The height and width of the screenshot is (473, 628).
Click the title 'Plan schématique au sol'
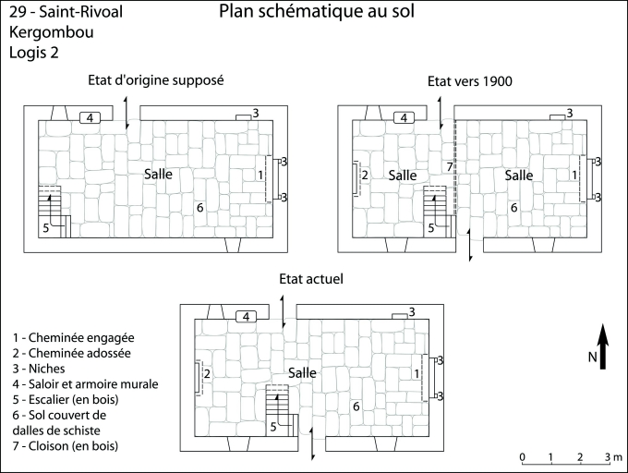click(x=317, y=12)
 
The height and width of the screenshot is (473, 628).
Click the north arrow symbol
click(x=602, y=347)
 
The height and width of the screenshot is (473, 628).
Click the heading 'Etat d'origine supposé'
click(x=156, y=79)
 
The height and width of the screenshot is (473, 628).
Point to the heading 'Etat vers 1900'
click(x=469, y=81)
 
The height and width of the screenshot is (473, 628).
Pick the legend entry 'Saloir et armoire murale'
click(x=86, y=383)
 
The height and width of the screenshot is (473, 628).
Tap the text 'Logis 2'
click(x=35, y=52)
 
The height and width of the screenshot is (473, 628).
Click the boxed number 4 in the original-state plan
click(x=90, y=117)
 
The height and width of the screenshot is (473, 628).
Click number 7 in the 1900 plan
click(x=449, y=166)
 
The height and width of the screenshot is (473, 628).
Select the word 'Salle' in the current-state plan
click(x=302, y=372)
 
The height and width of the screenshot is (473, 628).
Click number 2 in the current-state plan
click(x=207, y=373)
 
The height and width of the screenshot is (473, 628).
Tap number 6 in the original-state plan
click(x=199, y=207)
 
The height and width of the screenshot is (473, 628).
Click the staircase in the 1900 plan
click(x=436, y=200)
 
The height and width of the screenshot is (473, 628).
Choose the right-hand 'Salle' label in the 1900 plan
click(x=518, y=175)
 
